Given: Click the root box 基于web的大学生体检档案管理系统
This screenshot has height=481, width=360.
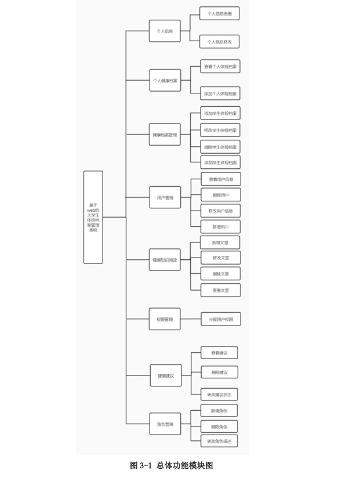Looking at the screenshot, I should click(93, 217).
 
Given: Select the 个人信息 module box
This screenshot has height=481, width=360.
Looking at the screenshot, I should click(165, 31).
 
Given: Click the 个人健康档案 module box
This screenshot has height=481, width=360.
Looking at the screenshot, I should click(165, 80).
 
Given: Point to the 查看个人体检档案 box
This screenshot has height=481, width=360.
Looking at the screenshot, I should click(220, 67).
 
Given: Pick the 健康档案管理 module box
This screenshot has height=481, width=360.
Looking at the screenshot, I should click(165, 135).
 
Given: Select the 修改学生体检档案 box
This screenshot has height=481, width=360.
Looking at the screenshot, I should click(220, 130).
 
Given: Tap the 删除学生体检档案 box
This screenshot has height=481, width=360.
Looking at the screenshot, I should click(220, 146).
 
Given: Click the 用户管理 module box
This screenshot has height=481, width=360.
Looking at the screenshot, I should click(165, 197).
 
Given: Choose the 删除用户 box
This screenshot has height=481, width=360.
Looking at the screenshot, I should click(220, 195).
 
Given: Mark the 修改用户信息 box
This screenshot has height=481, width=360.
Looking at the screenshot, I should click(220, 211).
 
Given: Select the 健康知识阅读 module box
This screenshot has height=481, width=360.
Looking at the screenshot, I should click(165, 260).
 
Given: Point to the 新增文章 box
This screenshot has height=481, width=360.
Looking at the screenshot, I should click(220, 243).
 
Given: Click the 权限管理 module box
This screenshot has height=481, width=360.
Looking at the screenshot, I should click(165, 319).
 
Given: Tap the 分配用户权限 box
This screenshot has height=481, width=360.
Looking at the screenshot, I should click(221, 319).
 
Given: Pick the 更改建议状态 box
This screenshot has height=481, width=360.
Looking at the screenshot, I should click(219, 395).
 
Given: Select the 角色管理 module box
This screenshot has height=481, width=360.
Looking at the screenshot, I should click(165, 424).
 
